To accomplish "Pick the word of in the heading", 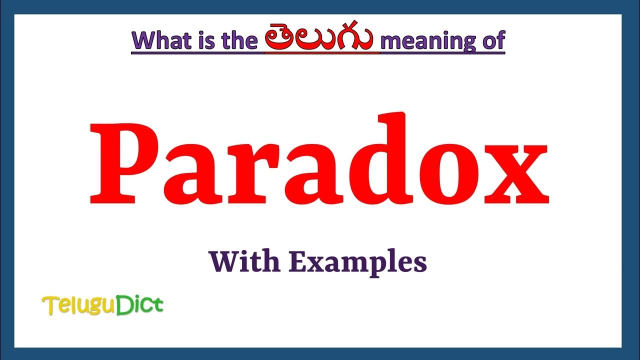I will click(x=492, y=40).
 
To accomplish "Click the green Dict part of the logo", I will click(x=140, y=304).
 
